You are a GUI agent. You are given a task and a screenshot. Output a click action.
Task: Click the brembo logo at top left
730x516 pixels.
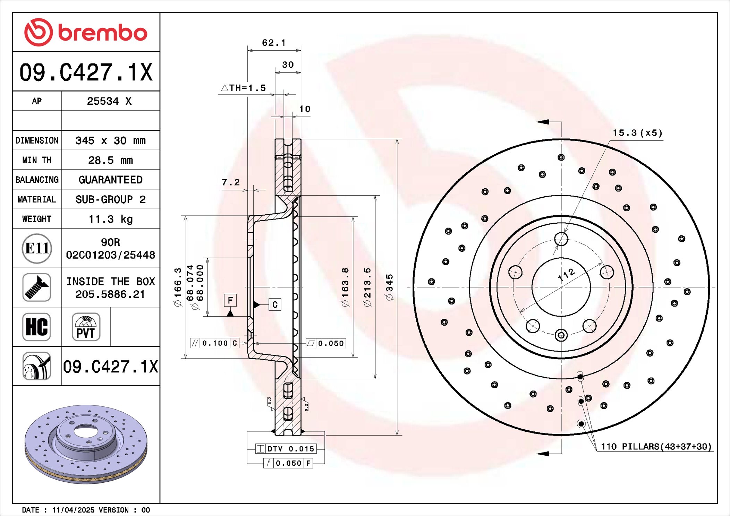click(x=86, y=32)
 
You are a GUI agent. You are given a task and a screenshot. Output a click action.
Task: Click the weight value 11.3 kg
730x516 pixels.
click(x=110, y=219)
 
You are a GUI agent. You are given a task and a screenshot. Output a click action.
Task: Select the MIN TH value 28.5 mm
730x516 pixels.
click(x=110, y=160)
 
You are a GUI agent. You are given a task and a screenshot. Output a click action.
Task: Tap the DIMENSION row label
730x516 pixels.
click(x=37, y=140)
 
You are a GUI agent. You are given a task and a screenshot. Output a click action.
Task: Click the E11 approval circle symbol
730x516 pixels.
click(x=37, y=248)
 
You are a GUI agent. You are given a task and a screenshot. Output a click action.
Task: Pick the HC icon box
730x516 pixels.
click(x=37, y=327)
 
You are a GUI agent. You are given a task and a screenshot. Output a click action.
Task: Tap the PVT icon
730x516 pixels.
click(x=86, y=327)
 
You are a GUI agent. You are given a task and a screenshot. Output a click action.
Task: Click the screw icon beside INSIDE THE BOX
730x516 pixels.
click(x=37, y=287)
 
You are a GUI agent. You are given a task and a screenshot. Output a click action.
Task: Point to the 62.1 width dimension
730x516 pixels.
click(x=274, y=43)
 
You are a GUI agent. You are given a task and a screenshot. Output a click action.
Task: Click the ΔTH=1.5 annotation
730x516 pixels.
click(x=244, y=88)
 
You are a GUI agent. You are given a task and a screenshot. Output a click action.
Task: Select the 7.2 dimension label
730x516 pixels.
click(x=231, y=182)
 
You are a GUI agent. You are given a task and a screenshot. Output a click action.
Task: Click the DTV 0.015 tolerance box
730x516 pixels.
click(x=286, y=449)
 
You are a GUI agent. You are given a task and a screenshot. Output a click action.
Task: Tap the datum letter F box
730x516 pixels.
click(x=230, y=300)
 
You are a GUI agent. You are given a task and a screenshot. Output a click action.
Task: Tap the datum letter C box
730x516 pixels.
click(x=275, y=304)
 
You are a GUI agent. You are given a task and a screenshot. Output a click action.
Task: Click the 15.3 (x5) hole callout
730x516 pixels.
click(x=637, y=133)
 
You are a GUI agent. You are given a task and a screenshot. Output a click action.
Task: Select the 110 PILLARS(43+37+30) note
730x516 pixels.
click(x=656, y=447)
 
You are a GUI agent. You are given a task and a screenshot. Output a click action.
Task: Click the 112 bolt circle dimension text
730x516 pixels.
click(x=566, y=275)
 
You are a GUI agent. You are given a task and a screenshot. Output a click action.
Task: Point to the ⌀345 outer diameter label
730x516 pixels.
click(x=390, y=287)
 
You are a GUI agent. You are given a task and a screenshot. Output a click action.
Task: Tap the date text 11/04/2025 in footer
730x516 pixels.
click(x=73, y=510)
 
